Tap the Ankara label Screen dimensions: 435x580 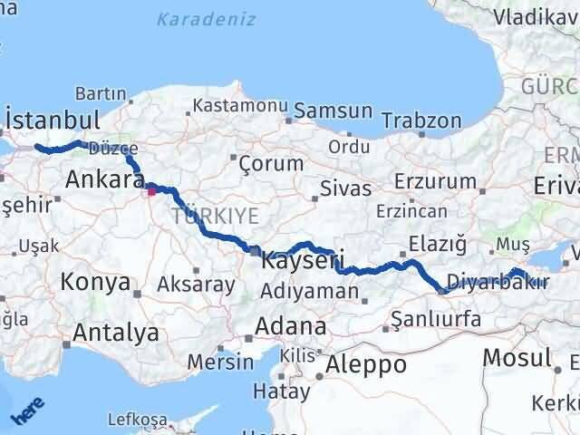click(x=100, y=179)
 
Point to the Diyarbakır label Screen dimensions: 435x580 click(x=498, y=281)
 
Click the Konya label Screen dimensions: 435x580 click(x=94, y=282)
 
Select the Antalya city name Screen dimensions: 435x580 click(x=115, y=333)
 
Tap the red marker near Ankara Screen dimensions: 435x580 click(x=151, y=190)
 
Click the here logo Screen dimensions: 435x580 click(x=27, y=412)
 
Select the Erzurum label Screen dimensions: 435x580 click(x=442, y=181)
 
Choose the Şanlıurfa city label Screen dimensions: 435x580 click(x=431, y=319)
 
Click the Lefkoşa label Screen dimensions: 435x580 click(x=138, y=420)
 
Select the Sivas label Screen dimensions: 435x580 click(x=346, y=189)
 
